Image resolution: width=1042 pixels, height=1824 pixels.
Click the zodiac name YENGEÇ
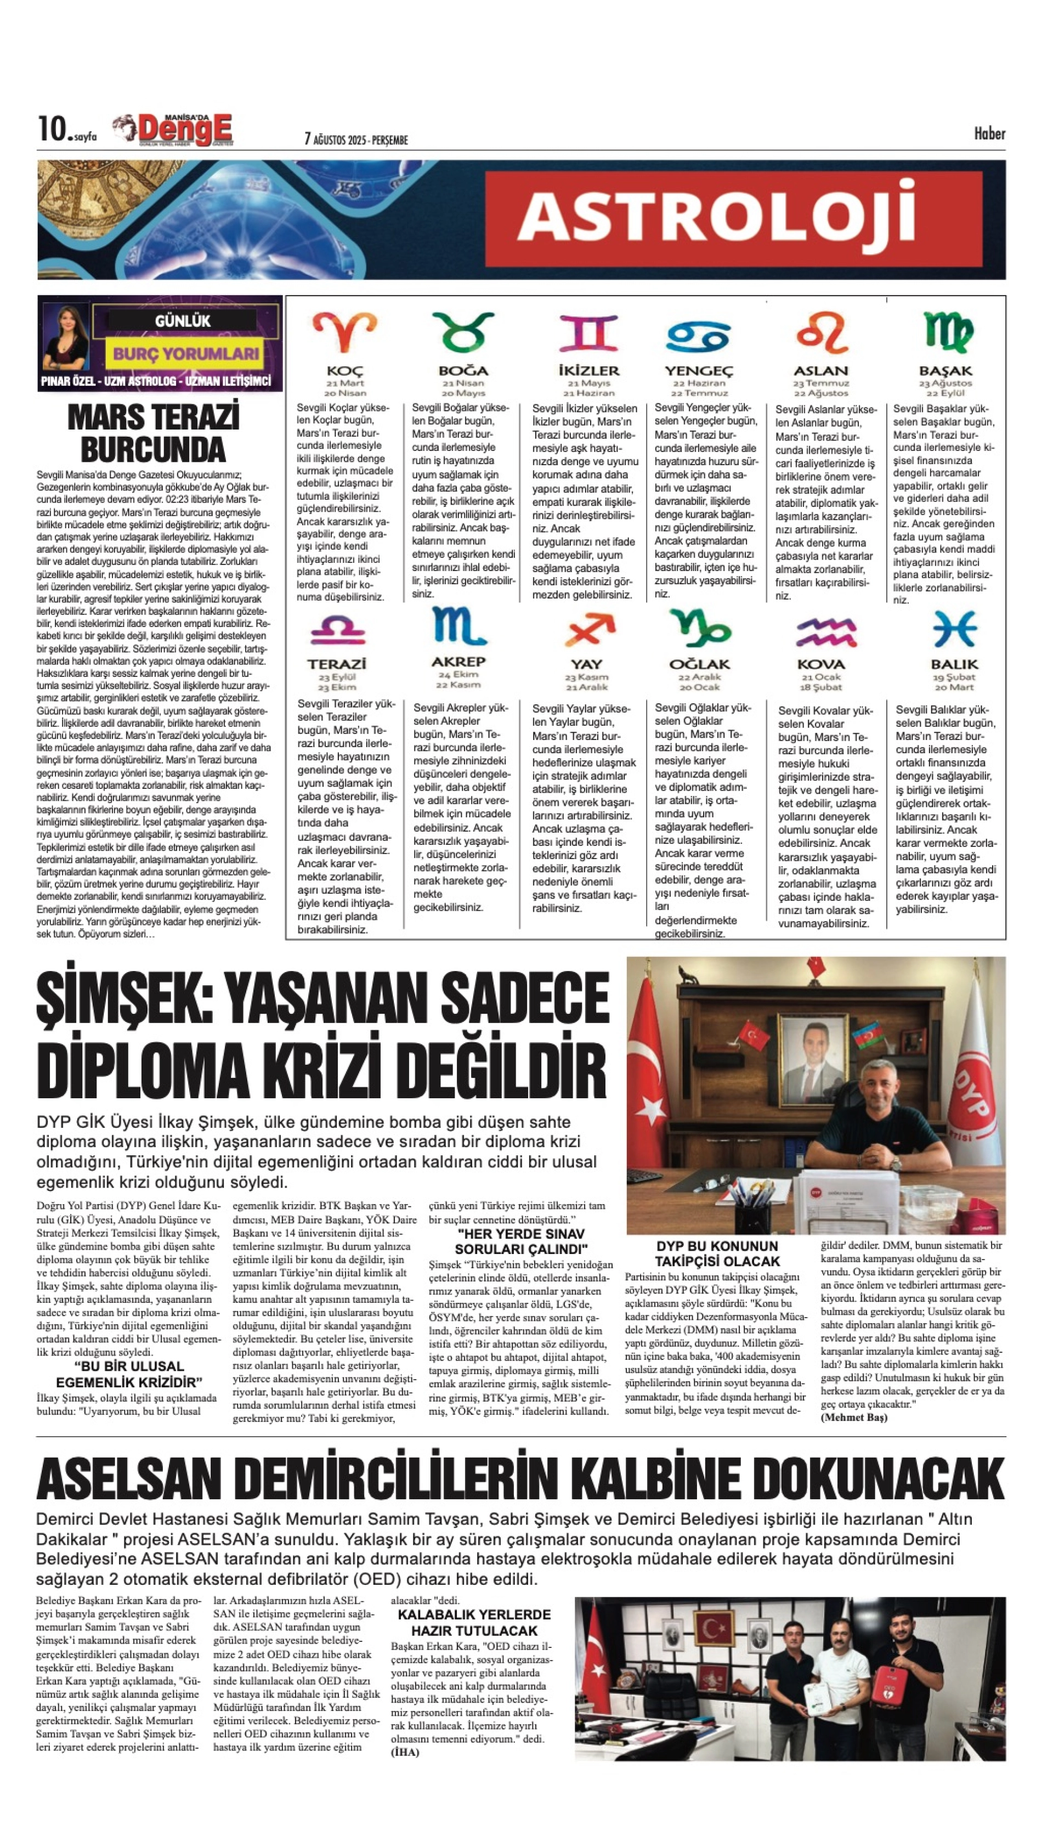point(699,371)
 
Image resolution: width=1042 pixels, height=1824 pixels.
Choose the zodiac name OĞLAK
point(699,664)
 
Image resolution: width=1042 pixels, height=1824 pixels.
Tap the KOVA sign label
point(821,664)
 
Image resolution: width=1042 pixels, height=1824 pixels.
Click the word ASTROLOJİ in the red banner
point(716,216)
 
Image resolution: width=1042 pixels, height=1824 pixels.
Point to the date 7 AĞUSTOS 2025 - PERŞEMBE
point(356,139)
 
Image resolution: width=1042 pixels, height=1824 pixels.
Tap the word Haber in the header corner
point(989,133)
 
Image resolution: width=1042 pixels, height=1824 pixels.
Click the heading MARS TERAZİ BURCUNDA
point(153,434)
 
